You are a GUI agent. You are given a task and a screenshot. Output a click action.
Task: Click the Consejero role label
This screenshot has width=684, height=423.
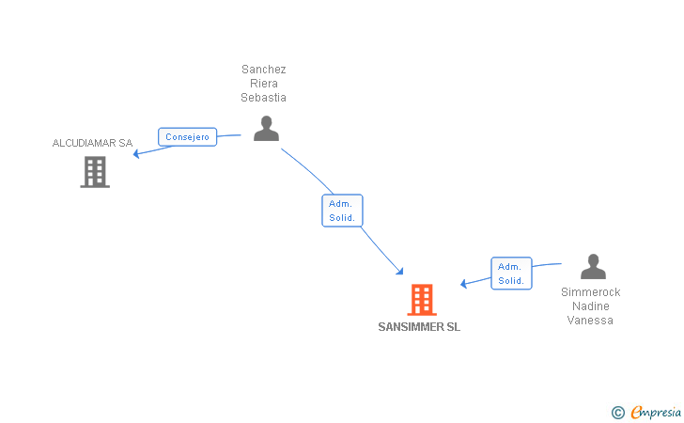[187, 137]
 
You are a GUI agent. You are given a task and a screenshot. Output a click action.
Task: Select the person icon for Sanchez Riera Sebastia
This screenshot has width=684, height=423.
[266, 129]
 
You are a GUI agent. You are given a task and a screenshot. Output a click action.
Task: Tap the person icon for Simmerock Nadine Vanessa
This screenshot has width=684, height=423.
[593, 267]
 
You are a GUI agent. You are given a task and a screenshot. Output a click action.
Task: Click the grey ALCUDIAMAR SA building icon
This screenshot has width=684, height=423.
[95, 172]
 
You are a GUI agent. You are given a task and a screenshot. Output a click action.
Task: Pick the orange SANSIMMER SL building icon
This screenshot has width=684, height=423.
[422, 299]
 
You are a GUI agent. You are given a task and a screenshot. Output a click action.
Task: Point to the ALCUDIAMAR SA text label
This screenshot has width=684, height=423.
[92, 143]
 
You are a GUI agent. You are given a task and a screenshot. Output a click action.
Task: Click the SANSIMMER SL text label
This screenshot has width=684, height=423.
[419, 327]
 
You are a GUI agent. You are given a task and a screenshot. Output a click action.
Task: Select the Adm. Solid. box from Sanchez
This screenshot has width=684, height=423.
[342, 211]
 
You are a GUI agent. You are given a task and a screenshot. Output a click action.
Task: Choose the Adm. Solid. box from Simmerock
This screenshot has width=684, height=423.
[511, 274]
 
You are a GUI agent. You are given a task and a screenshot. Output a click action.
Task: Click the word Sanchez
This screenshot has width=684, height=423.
[264, 70]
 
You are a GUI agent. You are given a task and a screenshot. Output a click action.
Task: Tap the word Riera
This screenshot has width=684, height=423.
[264, 84]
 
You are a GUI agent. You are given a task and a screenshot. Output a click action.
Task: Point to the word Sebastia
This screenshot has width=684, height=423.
[264, 98]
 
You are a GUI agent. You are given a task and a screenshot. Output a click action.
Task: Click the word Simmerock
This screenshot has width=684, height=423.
[591, 292]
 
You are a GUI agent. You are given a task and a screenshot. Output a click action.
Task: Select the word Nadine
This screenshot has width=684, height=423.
[591, 306]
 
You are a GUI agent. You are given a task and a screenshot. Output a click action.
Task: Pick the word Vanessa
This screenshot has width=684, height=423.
[591, 321]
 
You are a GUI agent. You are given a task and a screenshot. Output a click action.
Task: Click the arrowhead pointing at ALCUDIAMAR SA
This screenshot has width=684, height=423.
[137, 154]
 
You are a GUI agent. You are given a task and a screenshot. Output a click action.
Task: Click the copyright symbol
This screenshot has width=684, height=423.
[617, 412]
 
